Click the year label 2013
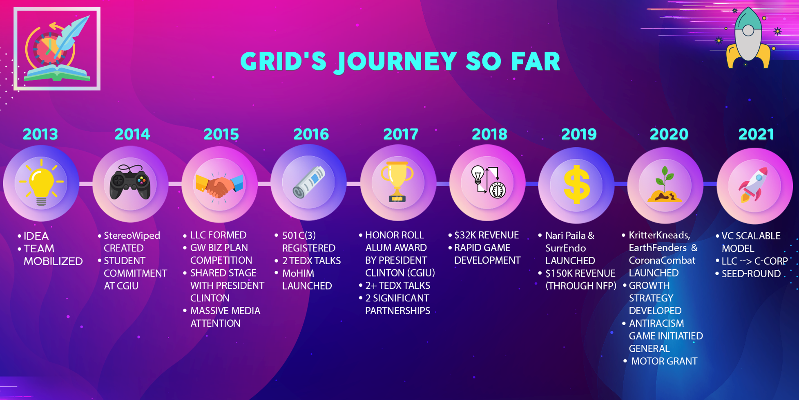pyautogui.click(x=40, y=134)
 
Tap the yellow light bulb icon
pyautogui.click(x=41, y=183)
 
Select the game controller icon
pyautogui.click(x=130, y=182)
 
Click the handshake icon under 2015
pyautogui.click(x=219, y=185)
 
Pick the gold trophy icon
pyautogui.click(x=397, y=182)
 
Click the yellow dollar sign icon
pyautogui.click(x=576, y=184)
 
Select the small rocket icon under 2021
pyautogui.click(x=754, y=185)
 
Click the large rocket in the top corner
pyautogui.click(x=748, y=39)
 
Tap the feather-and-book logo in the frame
pyautogui.click(x=57, y=48)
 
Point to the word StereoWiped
pyautogui.click(x=132, y=236)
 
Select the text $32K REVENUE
pyautogui.click(x=486, y=235)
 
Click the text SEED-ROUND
pyautogui.click(x=751, y=274)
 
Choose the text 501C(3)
pyautogui.click(x=299, y=235)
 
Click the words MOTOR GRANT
pyautogui.click(x=664, y=361)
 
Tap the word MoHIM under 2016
pyautogui.click(x=298, y=273)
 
